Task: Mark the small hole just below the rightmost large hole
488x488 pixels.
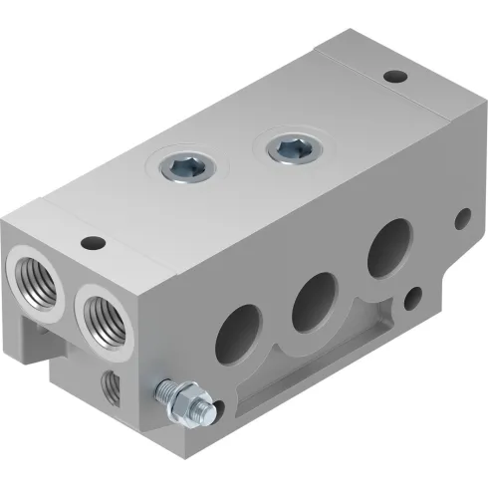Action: [416, 296]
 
